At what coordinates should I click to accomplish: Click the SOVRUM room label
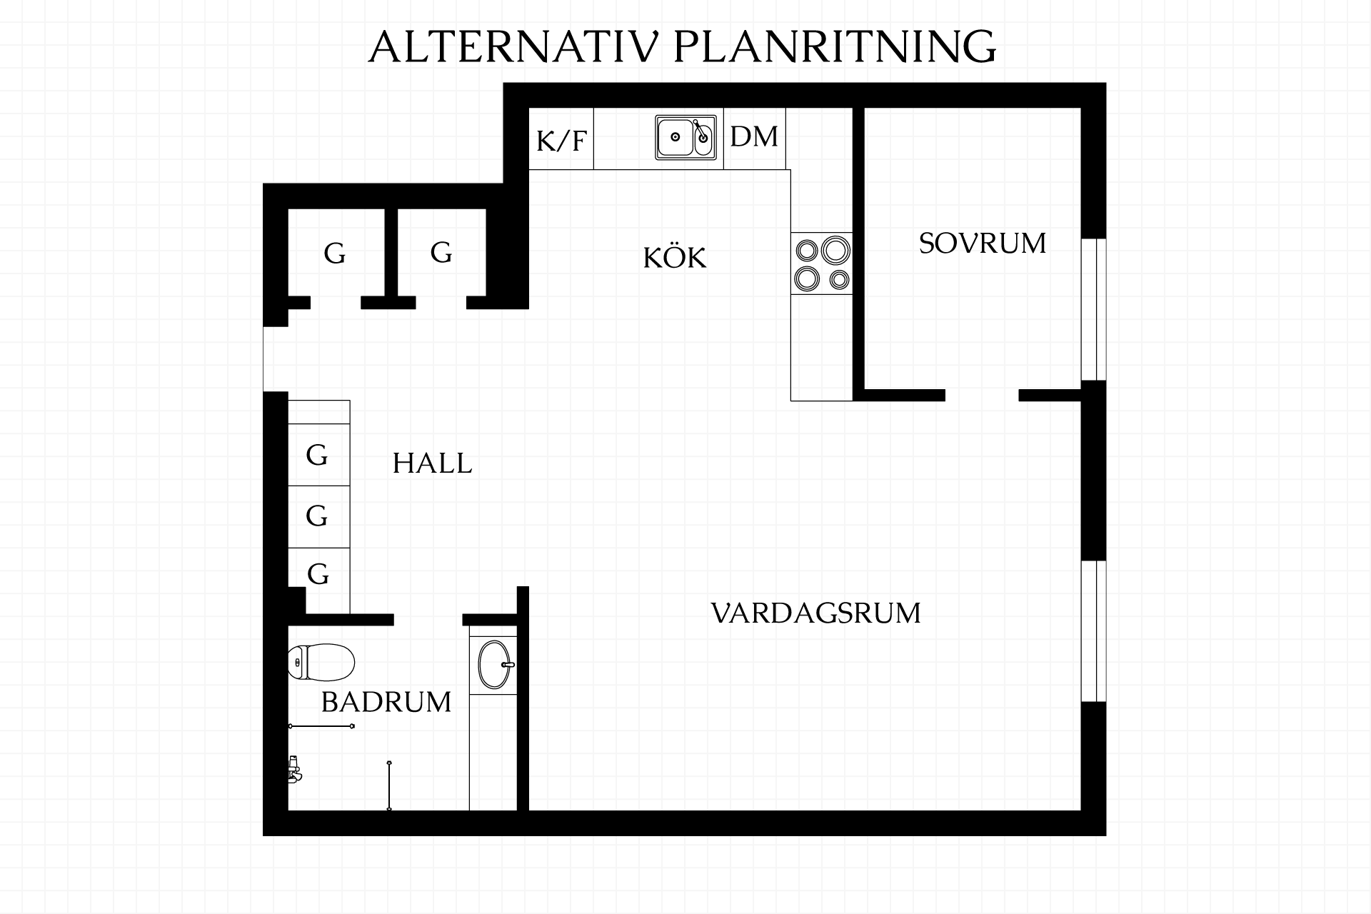pyautogui.click(x=982, y=243)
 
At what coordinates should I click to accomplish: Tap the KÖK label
pyautogui.click(x=675, y=257)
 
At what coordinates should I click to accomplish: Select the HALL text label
pyautogui.click(x=432, y=464)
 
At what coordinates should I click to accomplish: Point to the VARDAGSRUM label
pyautogui.click(x=816, y=613)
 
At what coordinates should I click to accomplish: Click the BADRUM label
pyautogui.click(x=386, y=703)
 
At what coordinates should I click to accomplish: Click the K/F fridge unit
pyautogui.click(x=561, y=139)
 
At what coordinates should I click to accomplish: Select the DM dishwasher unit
pyautogui.click(x=755, y=139)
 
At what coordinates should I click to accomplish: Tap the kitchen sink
pyautogui.click(x=685, y=137)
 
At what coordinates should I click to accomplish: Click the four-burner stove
pyautogui.click(x=822, y=263)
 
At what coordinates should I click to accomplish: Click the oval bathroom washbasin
pyautogui.click(x=494, y=665)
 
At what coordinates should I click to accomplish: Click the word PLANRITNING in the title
pyautogui.click(x=834, y=47)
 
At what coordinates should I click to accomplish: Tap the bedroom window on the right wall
pyautogui.click(x=1094, y=309)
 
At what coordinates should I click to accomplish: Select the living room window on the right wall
pyautogui.click(x=1094, y=631)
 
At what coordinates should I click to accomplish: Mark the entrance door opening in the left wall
pyautogui.click(x=276, y=359)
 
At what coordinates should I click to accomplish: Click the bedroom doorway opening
pyautogui.click(x=982, y=396)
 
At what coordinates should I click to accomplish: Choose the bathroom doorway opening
pyautogui.click(x=428, y=620)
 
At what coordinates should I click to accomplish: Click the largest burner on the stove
pyautogui.click(x=834, y=250)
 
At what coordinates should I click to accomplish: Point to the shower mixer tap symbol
pyautogui.click(x=294, y=770)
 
